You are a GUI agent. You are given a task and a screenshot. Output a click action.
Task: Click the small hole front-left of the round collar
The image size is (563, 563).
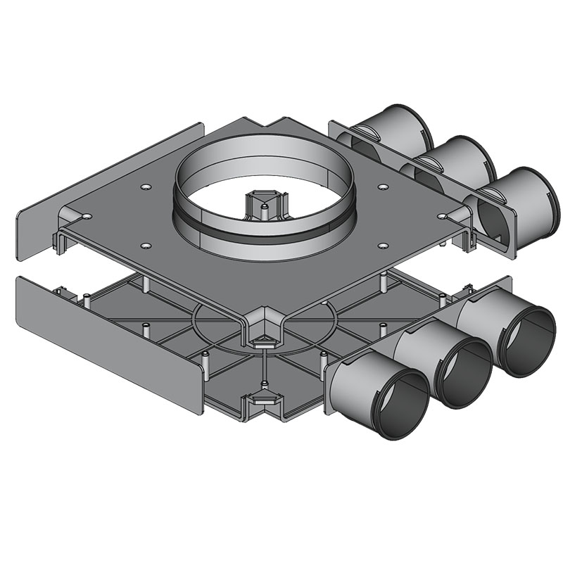(x=146, y=245)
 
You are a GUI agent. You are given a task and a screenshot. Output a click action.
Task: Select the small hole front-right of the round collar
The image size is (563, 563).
(x=384, y=245)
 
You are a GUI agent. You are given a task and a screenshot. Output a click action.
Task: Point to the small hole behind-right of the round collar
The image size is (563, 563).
(x=383, y=187)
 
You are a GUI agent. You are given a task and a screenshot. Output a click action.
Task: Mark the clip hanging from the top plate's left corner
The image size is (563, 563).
(x=59, y=239)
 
